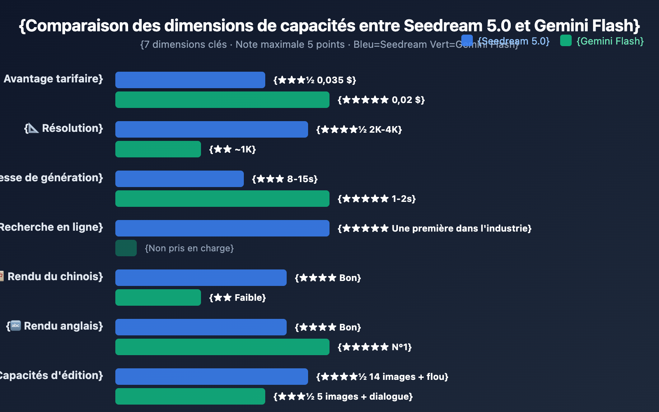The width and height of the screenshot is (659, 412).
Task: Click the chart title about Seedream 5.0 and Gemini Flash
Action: click(329, 26)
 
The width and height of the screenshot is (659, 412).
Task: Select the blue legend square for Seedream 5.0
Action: click(467, 40)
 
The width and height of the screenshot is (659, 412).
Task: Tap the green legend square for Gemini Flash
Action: click(566, 40)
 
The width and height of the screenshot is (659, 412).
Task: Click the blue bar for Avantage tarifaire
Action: click(190, 80)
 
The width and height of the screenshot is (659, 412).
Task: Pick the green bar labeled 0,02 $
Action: click(222, 100)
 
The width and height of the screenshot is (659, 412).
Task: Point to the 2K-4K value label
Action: click(359, 129)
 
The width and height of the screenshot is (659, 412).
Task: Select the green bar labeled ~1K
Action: click(158, 149)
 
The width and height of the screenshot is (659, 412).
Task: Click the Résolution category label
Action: click(72, 128)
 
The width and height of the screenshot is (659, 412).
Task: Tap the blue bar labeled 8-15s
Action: click(179, 179)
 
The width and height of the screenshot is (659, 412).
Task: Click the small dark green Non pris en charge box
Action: click(126, 248)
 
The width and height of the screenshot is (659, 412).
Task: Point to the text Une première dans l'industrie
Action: click(461, 228)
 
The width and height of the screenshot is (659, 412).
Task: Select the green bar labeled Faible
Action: click(158, 297)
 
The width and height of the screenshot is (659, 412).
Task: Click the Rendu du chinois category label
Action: click(55, 276)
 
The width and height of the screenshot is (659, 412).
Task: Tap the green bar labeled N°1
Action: click(222, 347)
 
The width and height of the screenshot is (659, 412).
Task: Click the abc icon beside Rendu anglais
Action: click(15, 326)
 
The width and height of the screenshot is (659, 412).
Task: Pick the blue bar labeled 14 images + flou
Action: click(211, 377)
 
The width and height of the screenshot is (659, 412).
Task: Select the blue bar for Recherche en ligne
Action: click(222, 228)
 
